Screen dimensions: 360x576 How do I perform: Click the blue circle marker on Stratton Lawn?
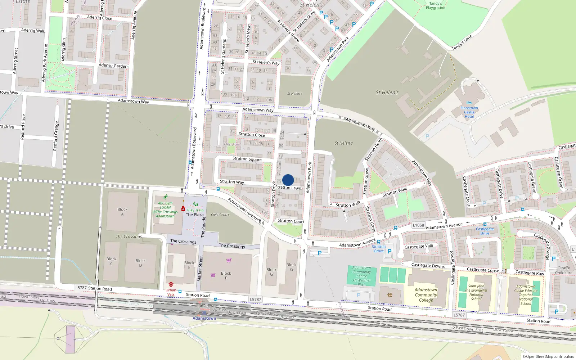click(x=288, y=180)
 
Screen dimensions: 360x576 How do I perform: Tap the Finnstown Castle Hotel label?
click(x=469, y=112)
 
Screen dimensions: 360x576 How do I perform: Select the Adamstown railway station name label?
click(x=204, y=318)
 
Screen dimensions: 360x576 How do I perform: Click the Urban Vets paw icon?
click(x=171, y=284)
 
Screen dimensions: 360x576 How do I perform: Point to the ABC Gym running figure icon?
click(x=165, y=197)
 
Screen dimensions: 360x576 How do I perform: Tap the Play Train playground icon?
click(x=195, y=204)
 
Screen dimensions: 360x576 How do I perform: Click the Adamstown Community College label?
click(x=426, y=295)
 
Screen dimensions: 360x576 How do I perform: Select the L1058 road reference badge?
click(x=418, y=225)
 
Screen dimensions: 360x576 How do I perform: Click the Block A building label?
click(x=122, y=212)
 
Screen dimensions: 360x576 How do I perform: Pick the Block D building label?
click(x=140, y=263)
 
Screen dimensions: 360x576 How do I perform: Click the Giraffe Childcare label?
click(x=564, y=270)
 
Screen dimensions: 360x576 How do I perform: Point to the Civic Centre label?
click(x=220, y=215)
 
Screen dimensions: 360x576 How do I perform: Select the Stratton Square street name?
click(x=247, y=159)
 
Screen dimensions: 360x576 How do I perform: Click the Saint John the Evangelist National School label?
click(x=476, y=292)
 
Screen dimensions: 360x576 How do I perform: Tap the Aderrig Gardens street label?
click(x=114, y=66)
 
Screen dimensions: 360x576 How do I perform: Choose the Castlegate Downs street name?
click(x=428, y=265)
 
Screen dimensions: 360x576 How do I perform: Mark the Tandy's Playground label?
click(x=436, y=5)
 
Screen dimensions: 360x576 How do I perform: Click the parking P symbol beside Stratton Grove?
click(x=389, y=251)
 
